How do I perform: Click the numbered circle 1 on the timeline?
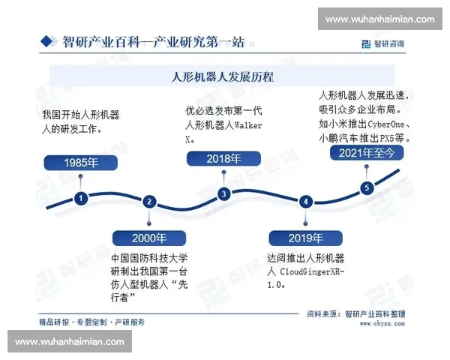80,198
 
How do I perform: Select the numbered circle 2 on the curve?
149,201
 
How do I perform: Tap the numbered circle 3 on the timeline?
223,193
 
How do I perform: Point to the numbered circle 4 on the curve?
305,201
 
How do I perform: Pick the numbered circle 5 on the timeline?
367,187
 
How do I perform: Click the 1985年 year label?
81,163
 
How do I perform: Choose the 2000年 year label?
150,238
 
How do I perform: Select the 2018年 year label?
223,158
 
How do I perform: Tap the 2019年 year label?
305,238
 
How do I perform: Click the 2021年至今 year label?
367,152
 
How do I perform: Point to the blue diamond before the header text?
47,40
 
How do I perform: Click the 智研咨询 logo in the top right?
382,43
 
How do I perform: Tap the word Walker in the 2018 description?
248,125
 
